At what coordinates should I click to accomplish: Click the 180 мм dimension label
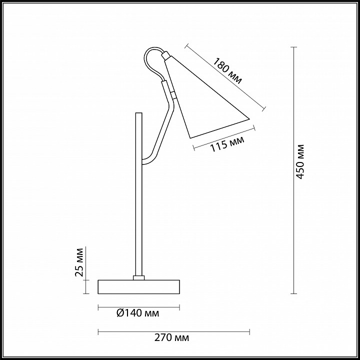[x=227, y=71]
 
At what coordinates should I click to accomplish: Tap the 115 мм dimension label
[x=227, y=144]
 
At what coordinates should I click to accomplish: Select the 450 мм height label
[x=300, y=161]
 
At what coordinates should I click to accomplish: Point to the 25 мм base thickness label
[x=79, y=262]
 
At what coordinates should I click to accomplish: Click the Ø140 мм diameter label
[x=138, y=313]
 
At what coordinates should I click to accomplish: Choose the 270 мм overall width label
[x=171, y=337]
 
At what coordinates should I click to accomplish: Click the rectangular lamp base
[x=138, y=287]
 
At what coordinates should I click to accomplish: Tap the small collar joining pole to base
[x=138, y=278]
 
